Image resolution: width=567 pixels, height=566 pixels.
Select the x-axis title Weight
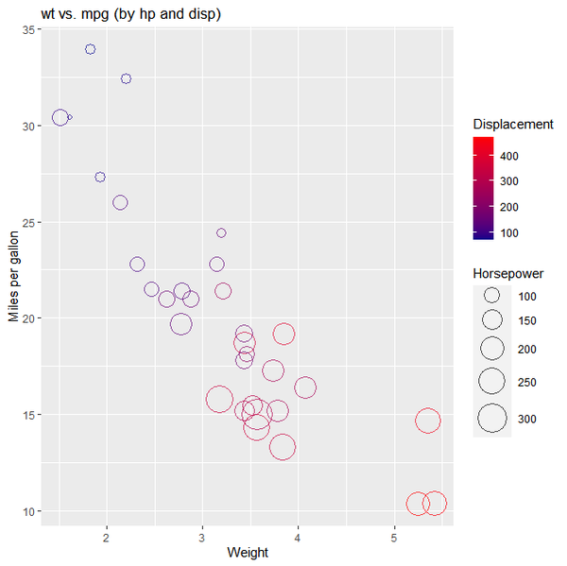click(x=248, y=552)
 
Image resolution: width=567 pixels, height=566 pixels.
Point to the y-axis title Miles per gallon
click(x=13, y=273)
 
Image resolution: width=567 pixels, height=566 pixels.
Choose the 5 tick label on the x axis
click(x=394, y=538)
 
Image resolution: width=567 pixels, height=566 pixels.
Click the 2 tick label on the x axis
click(x=107, y=538)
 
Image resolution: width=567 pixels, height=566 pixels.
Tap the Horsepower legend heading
click(x=508, y=274)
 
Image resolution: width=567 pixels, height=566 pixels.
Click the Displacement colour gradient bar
click(x=483, y=187)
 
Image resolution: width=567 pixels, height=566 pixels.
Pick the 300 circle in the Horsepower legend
click(x=491, y=418)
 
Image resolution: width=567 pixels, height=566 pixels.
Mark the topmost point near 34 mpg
click(x=90, y=49)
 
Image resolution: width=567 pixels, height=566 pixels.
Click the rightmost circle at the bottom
click(x=435, y=504)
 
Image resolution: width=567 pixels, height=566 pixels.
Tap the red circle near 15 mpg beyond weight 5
click(x=428, y=420)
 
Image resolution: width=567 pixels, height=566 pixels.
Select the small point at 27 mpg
click(x=100, y=178)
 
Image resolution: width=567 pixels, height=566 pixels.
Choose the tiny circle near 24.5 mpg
click(x=221, y=232)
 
